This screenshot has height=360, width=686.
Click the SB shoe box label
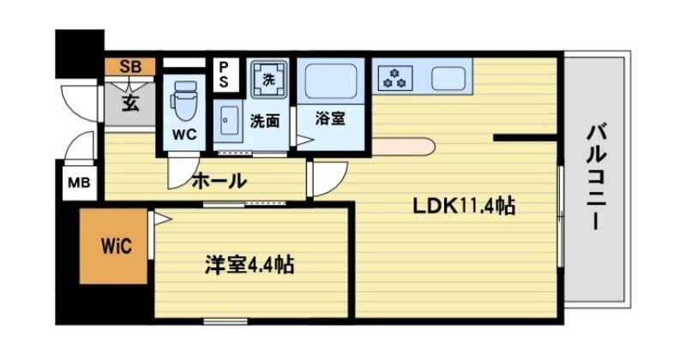[129, 65]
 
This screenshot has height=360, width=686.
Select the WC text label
[185, 135]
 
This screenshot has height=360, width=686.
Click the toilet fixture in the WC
[185, 100]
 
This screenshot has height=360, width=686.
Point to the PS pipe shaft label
[225, 74]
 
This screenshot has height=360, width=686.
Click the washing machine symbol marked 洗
[268, 79]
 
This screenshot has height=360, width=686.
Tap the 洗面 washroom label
[264, 121]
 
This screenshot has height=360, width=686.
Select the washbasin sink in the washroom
[226, 121]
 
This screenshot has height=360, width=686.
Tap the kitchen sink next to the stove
[448, 78]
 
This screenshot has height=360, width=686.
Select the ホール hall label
[219, 181]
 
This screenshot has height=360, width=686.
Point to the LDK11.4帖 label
[464, 206]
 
